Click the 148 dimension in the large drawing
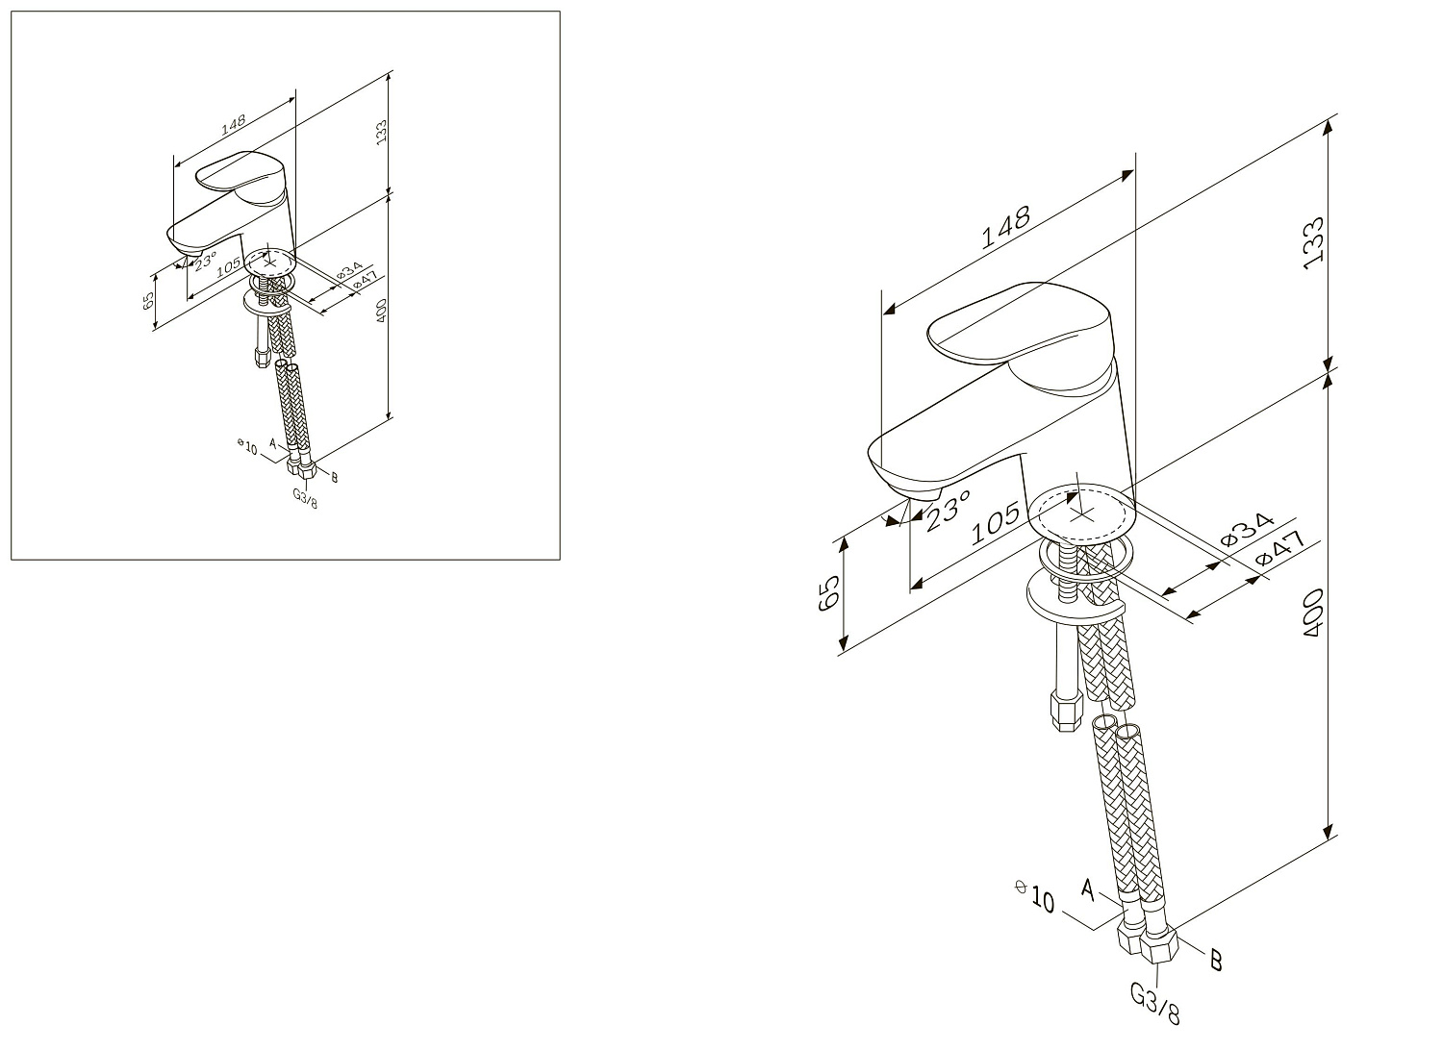coord(1005,227)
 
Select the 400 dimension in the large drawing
coord(1313,613)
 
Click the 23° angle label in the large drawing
coord(948,510)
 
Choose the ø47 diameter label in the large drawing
coord(1280,549)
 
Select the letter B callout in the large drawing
coord(1216,960)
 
